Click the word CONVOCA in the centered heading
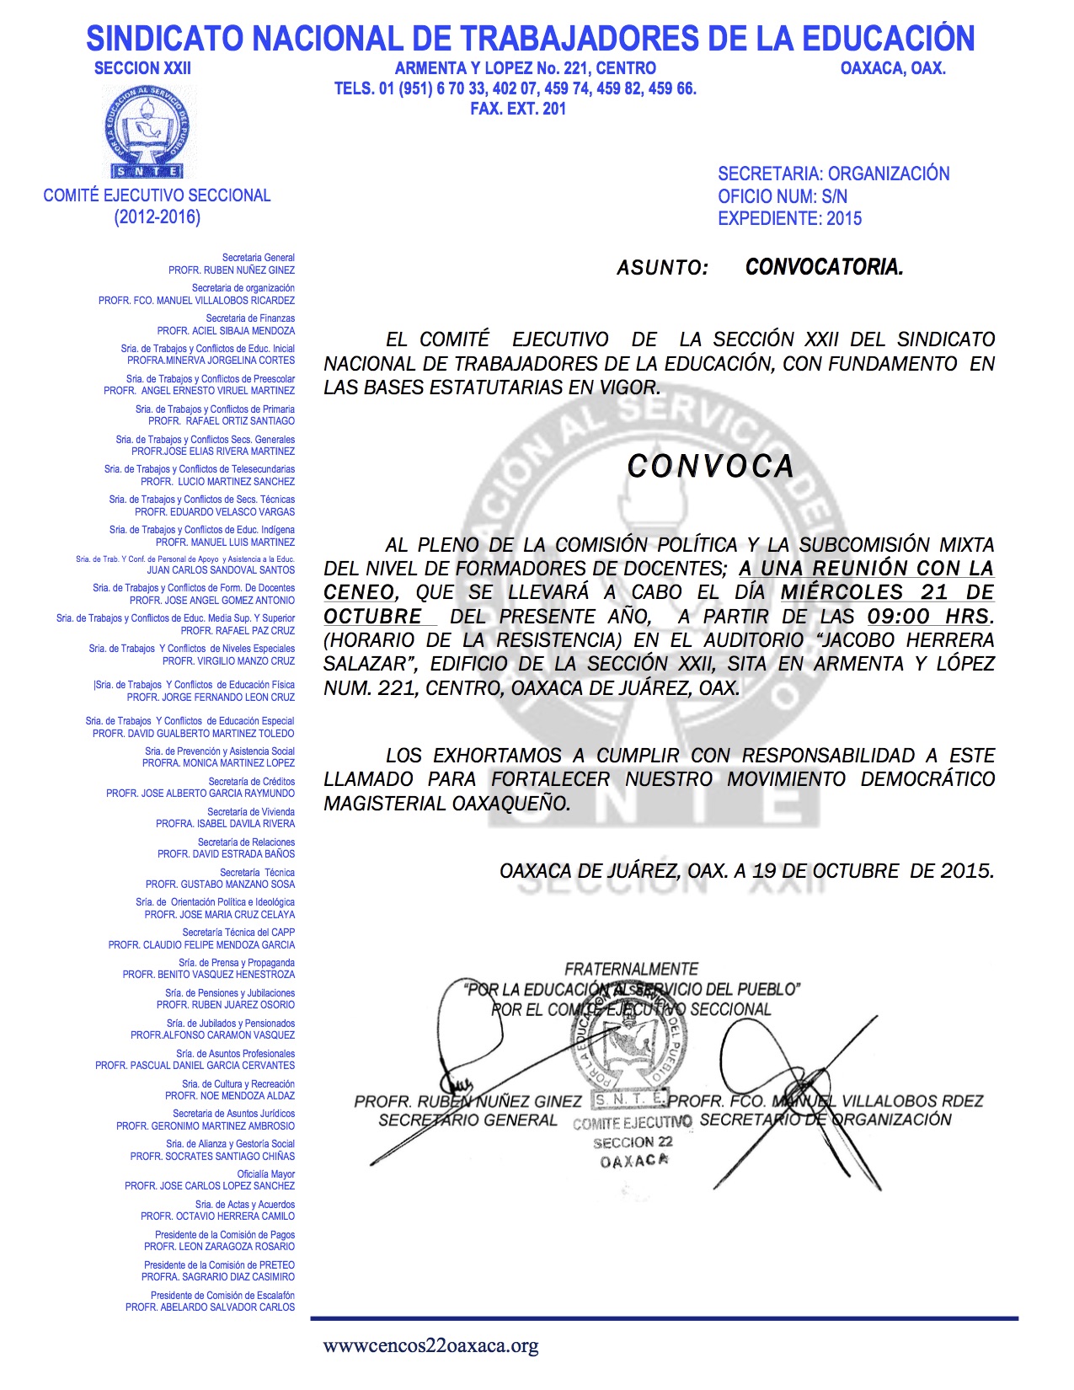[710, 466]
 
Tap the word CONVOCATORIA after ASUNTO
[824, 268]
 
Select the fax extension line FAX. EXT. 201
[518, 109]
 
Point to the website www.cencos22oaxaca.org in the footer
[430, 1346]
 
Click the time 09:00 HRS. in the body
[930, 616]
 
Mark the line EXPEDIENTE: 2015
[789, 219]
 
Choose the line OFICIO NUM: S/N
[783, 196]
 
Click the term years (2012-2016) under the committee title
[158, 217]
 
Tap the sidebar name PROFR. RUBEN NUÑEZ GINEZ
[232, 270]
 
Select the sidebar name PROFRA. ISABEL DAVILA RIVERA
[225, 824]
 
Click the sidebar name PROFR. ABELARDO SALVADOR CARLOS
[210, 1307]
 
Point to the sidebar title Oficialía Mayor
[265, 1174]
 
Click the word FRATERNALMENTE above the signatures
[631, 970]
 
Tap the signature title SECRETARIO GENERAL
[468, 1120]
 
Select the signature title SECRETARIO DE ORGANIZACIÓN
[825, 1120]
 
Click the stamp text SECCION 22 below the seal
[633, 1143]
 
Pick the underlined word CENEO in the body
[359, 592]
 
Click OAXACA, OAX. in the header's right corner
[893, 69]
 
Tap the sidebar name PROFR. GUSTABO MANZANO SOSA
[220, 885]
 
